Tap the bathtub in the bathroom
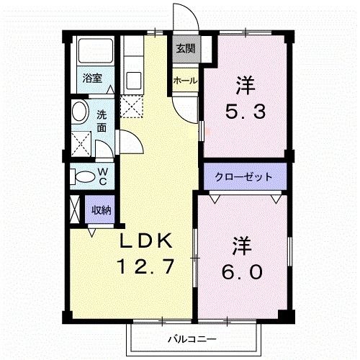[x=95, y=51]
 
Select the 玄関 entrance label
[x=184, y=49]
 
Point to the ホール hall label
[x=184, y=81]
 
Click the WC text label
[x=103, y=176]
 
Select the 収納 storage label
[x=101, y=210]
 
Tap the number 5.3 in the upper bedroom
[x=246, y=112]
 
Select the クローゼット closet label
[x=243, y=176]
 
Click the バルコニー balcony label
[x=192, y=337]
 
